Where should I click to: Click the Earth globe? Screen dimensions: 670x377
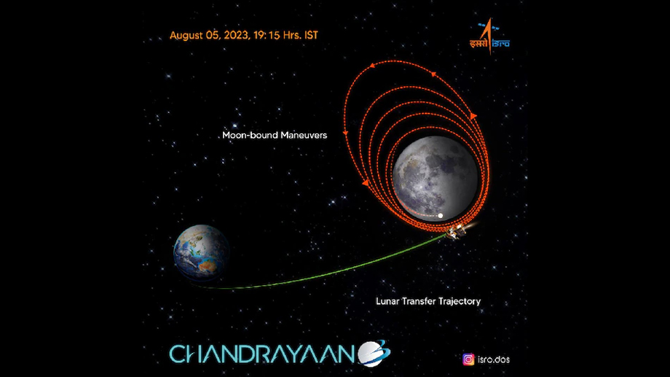(x=201, y=252)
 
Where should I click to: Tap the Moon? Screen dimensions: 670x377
(x=435, y=179)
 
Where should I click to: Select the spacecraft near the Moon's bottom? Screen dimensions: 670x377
(x=457, y=231)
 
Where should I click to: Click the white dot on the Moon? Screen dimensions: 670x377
(x=440, y=216)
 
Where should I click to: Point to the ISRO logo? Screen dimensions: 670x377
(x=489, y=36)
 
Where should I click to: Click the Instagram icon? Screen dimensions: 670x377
(x=468, y=359)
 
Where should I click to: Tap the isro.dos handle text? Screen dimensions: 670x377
(x=494, y=359)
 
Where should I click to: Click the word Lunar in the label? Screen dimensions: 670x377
(x=387, y=301)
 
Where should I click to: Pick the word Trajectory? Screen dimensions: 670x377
(x=459, y=302)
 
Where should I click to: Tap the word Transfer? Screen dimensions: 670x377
(x=418, y=301)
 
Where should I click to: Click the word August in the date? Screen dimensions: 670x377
(x=186, y=36)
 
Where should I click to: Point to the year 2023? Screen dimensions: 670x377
(x=236, y=35)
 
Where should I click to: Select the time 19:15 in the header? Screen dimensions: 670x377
(x=267, y=35)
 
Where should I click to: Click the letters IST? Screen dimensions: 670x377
(x=311, y=35)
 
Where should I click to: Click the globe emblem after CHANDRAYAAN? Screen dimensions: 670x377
(x=374, y=354)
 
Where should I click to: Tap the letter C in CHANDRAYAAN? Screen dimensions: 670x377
(x=178, y=354)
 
